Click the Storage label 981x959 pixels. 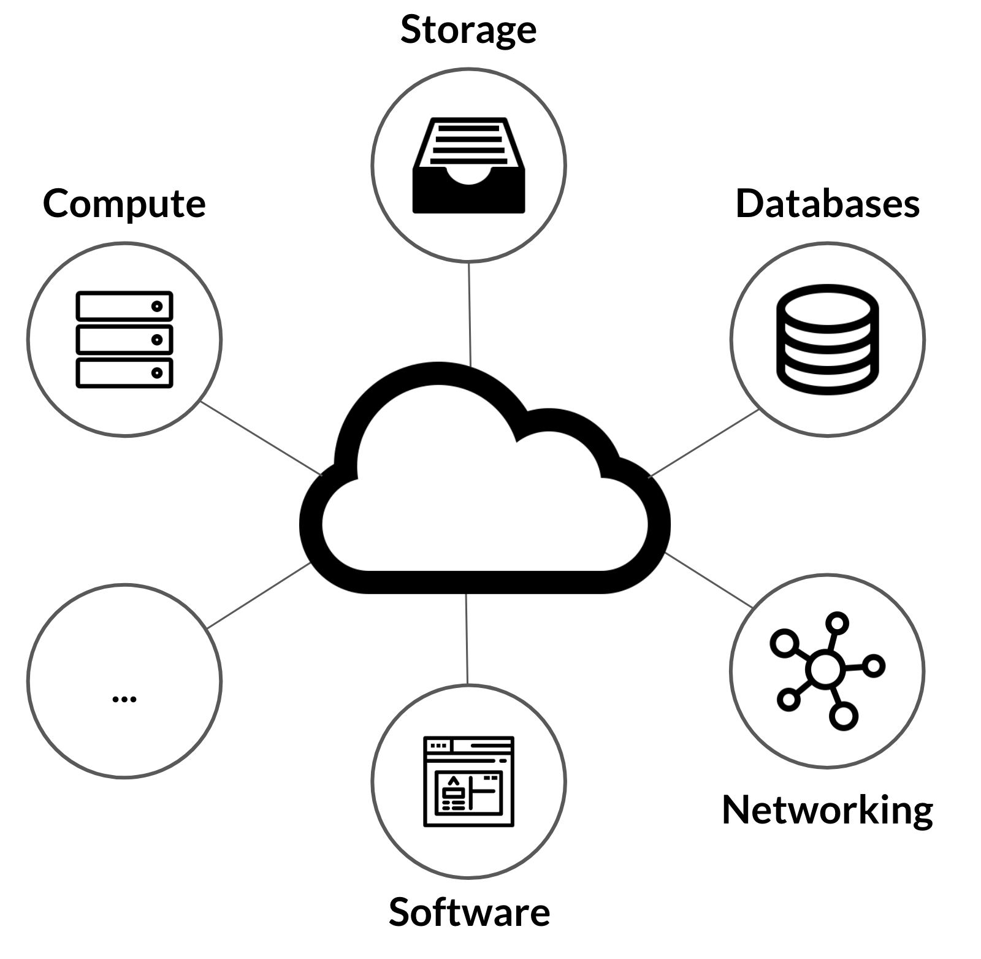point(468,29)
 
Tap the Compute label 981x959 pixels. point(124,204)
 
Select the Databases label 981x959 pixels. point(827,204)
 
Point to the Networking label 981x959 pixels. point(827,810)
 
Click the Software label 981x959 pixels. point(469,912)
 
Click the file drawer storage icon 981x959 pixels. point(468,166)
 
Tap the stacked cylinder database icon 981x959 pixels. point(827,339)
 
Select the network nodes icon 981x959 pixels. point(827,670)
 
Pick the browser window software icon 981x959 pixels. point(468,781)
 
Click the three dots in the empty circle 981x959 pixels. point(124,698)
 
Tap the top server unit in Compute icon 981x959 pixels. point(124,306)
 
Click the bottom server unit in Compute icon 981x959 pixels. point(124,373)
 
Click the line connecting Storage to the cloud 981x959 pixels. point(470,315)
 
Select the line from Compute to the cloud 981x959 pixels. point(262,438)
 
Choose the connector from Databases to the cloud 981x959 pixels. point(704,443)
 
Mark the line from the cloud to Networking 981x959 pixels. point(709,580)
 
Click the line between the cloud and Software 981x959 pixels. point(467,638)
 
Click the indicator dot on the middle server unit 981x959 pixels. point(157,340)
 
